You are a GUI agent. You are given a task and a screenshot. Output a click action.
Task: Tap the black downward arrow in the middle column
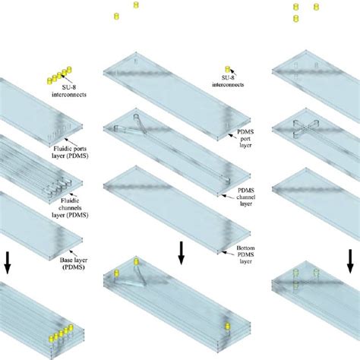pos(181,253)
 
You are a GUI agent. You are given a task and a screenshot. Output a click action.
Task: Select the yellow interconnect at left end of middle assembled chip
pos(117,275)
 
